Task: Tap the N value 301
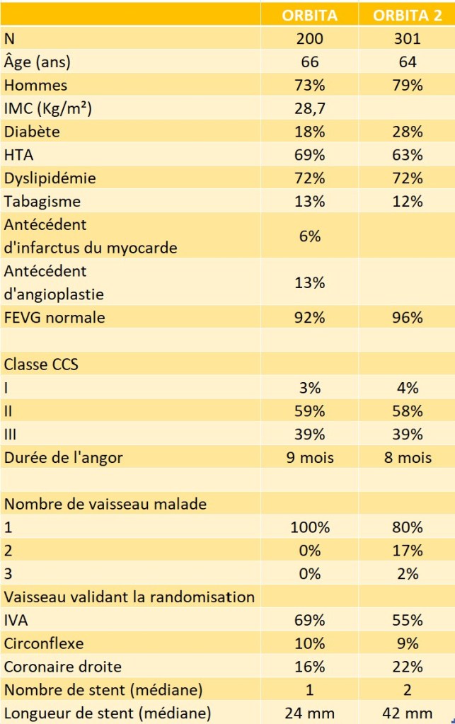click(x=407, y=39)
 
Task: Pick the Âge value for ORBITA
click(x=310, y=62)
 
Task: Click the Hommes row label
click(x=35, y=86)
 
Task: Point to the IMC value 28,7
click(x=310, y=108)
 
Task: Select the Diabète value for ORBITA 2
click(x=407, y=132)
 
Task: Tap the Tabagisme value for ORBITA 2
click(x=407, y=201)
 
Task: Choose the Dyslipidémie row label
click(x=50, y=178)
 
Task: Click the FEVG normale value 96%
click(x=407, y=317)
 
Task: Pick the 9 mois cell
click(x=310, y=457)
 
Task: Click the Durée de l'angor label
click(x=64, y=457)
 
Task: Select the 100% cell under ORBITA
click(x=310, y=527)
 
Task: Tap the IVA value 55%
click(x=407, y=620)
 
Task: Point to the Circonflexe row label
click(x=44, y=643)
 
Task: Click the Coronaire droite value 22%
click(x=407, y=667)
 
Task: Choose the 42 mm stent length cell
click(x=407, y=713)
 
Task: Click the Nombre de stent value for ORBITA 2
click(x=407, y=689)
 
